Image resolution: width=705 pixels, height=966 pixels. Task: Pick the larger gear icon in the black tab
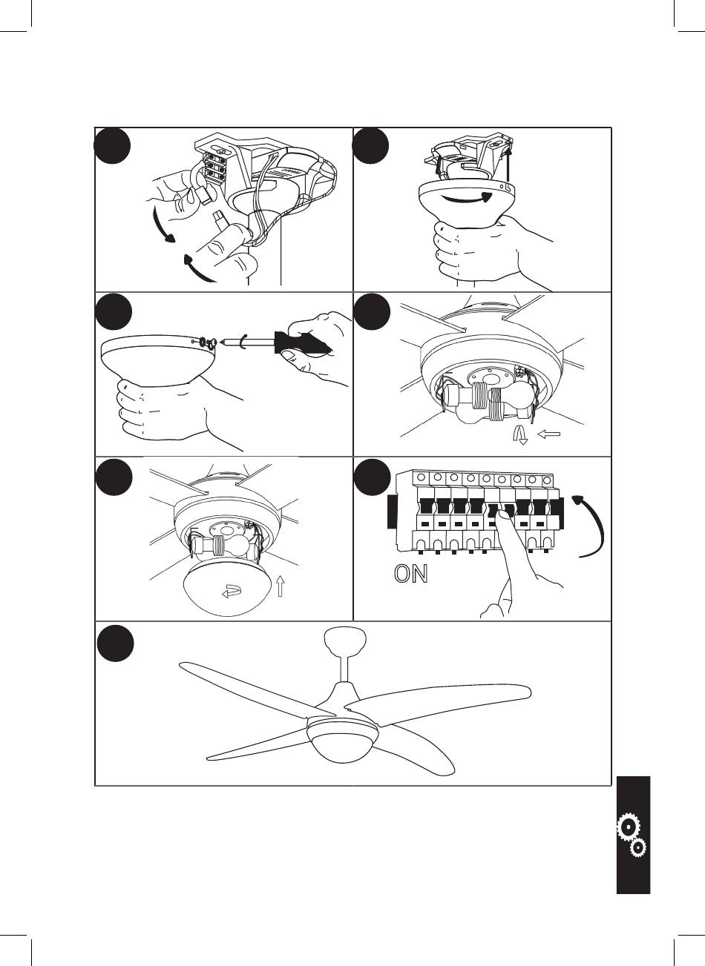(x=629, y=827)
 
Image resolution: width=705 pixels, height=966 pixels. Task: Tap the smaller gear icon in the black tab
(x=636, y=847)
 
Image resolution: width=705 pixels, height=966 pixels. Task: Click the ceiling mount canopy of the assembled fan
(x=346, y=639)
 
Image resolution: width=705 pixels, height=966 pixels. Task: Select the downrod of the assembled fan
(x=345, y=667)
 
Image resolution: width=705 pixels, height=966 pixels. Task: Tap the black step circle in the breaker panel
(x=371, y=476)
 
